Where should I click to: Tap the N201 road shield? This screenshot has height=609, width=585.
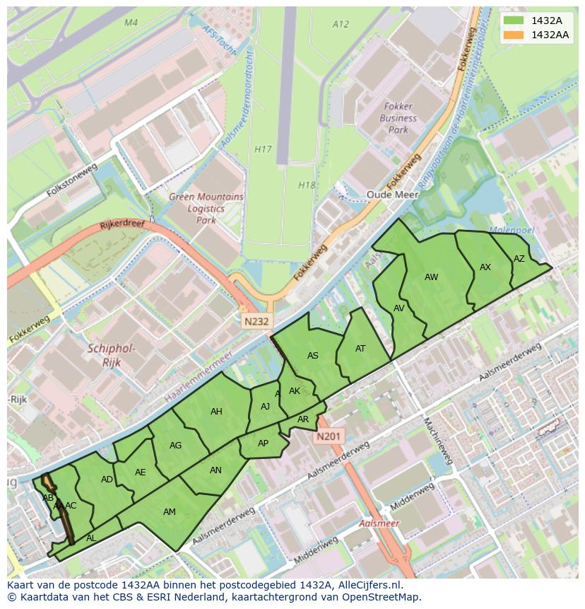tap(329, 436)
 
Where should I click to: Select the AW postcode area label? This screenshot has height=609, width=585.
tap(432, 277)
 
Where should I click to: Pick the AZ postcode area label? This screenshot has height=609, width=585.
tap(519, 259)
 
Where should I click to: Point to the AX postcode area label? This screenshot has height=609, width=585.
tap(485, 267)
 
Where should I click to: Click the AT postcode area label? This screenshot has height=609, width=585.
tap(360, 348)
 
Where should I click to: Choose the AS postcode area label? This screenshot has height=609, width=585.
tap(313, 356)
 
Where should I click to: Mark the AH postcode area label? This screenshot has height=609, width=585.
tap(216, 412)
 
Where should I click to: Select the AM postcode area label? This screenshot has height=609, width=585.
tap(170, 512)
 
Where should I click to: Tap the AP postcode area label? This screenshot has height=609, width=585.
tap(263, 443)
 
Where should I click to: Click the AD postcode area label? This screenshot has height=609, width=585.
tap(107, 480)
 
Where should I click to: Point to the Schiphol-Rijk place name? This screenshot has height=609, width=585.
tap(112, 355)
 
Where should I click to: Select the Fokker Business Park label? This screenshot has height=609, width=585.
tap(398, 119)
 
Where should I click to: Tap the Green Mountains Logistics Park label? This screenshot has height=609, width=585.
tap(206, 209)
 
